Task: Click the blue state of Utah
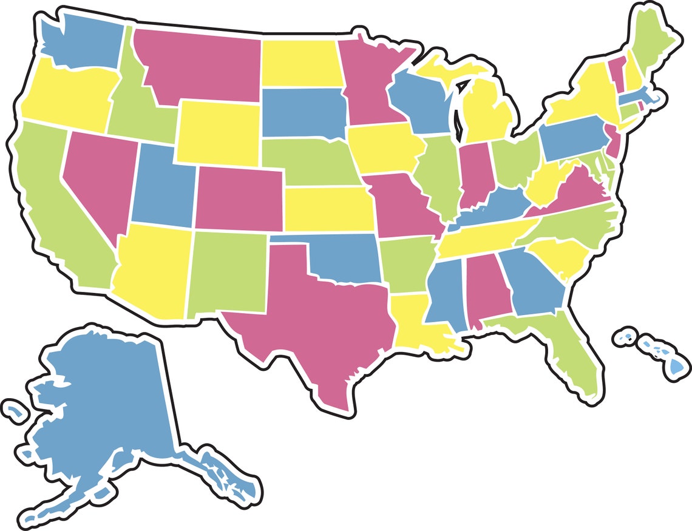[x=161, y=185]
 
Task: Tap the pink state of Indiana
[x=472, y=173]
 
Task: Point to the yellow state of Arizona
[x=152, y=270]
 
